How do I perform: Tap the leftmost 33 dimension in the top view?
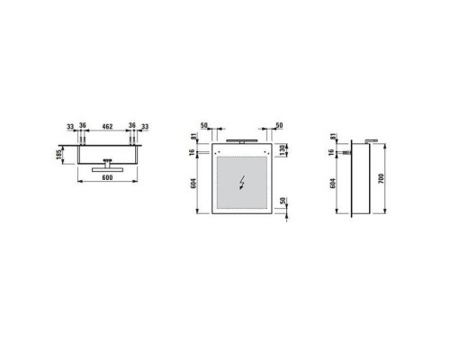tap(69, 126)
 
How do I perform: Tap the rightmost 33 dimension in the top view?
tap(146, 126)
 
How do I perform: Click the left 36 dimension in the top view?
tap(83, 126)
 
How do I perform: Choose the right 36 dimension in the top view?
tap(132, 126)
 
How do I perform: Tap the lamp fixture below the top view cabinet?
tap(107, 168)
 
